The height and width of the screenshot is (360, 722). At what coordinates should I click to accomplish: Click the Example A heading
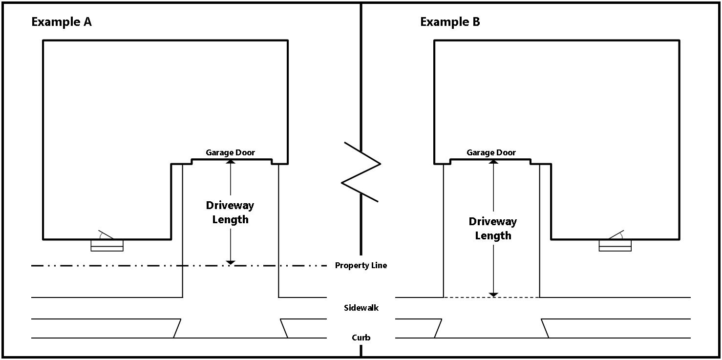click(x=61, y=22)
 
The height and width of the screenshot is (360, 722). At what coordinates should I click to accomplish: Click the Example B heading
click(x=450, y=22)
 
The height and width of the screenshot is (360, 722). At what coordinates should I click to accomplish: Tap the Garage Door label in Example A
click(x=230, y=153)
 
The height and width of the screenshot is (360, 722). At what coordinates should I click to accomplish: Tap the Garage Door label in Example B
click(x=491, y=153)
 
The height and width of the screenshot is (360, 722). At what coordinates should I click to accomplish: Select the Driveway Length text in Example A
click(x=230, y=212)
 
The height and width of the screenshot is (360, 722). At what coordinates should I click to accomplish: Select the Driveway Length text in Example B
click(x=492, y=229)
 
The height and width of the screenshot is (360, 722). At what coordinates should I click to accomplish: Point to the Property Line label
click(x=361, y=266)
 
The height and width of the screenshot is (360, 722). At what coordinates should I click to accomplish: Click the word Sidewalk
click(x=361, y=308)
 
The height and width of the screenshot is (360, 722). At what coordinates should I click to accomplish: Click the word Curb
click(x=361, y=338)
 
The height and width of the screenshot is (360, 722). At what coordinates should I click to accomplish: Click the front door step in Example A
click(x=107, y=245)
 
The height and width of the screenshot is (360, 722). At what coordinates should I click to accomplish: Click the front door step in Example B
click(x=615, y=245)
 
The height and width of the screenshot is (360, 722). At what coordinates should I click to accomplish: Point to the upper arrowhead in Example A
click(x=230, y=162)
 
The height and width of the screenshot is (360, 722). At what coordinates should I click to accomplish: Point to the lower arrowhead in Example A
click(x=230, y=263)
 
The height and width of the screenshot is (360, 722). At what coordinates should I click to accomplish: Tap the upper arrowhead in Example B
click(x=493, y=162)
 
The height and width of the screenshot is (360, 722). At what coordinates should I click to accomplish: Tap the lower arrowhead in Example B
click(x=493, y=295)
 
